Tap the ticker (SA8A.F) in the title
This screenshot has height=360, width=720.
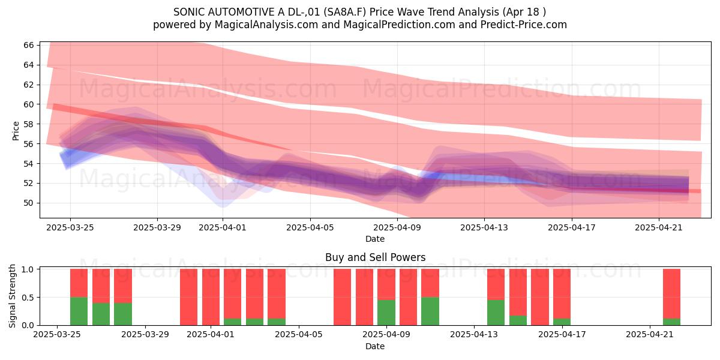click(x=344, y=12)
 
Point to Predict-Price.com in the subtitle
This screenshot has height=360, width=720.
click(x=524, y=25)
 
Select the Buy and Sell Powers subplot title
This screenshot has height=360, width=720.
click(x=375, y=257)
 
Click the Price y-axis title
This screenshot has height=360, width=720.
click(x=16, y=131)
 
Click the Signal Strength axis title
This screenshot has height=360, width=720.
click(x=12, y=296)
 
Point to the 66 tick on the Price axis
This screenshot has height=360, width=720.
click(x=29, y=45)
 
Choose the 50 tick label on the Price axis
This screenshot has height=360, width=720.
click(x=29, y=203)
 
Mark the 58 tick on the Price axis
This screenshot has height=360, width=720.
click(x=29, y=124)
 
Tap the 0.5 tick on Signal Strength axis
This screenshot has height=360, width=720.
click(x=28, y=298)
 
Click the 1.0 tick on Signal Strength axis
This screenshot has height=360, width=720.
click(x=28, y=269)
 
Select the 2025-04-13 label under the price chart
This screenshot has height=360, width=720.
click(x=484, y=227)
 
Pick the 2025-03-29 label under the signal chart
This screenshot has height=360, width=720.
click(x=145, y=334)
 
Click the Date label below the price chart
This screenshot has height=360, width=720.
click(x=375, y=239)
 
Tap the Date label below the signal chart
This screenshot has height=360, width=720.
click(x=375, y=346)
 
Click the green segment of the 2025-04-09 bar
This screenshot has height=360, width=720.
click(x=386, y=313)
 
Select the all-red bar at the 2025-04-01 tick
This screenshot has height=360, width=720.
click(x=211, y=297)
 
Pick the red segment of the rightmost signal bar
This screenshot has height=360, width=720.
click(x=671, y=294)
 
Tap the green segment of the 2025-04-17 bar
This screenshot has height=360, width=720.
click(x=562, y=322)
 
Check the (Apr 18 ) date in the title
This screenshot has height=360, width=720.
click(x=524, y=12)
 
